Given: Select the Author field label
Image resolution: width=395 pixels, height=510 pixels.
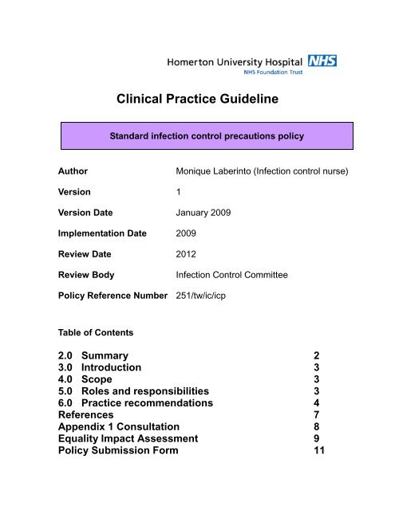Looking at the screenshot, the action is click(x=73, y=171).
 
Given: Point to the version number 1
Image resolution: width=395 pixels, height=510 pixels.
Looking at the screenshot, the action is click(x=178, y=191).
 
